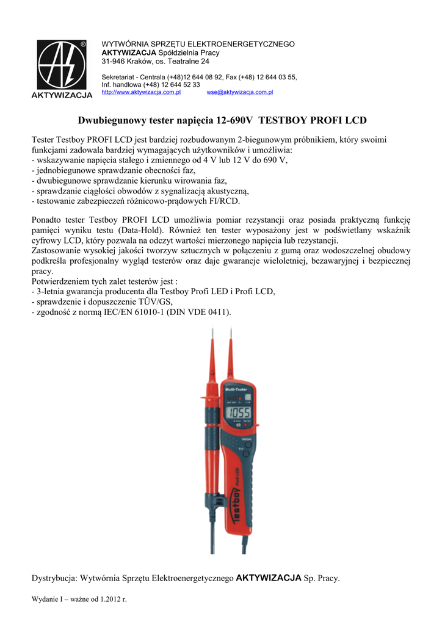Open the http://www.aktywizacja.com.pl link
140,92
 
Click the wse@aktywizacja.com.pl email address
240,92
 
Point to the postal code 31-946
114,62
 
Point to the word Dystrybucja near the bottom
54,578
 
